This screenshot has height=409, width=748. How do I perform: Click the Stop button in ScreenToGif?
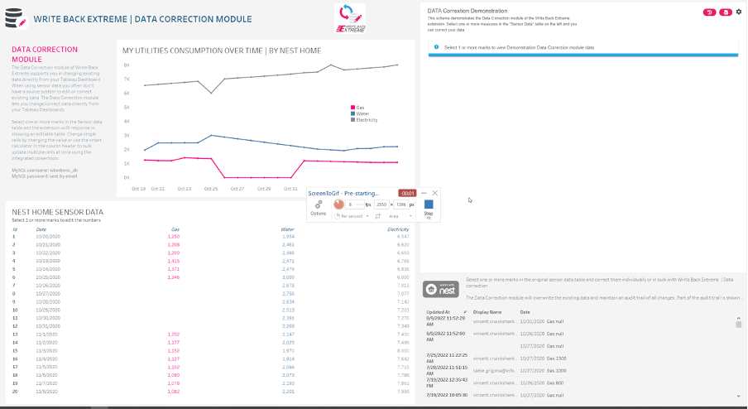(x=429, y=207)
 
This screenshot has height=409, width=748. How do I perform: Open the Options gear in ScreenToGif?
(x=319, y=206)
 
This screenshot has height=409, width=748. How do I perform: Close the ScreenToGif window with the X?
(x=435, y=193)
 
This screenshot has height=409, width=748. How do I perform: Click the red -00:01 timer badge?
(x=408, y=193)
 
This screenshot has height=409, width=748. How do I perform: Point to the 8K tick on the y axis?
(x=126, y=64)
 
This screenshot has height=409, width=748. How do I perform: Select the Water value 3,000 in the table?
(x=288, y=277)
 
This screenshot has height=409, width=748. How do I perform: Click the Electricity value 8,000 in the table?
(x=402, y=350)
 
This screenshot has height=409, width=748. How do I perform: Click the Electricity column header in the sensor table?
(x=399, y=229)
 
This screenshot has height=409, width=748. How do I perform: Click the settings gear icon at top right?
(x=739, y=12)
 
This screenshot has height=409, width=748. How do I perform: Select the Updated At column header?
(x=439, y=311)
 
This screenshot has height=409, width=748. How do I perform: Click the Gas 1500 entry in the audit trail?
(x=555, y=357)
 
